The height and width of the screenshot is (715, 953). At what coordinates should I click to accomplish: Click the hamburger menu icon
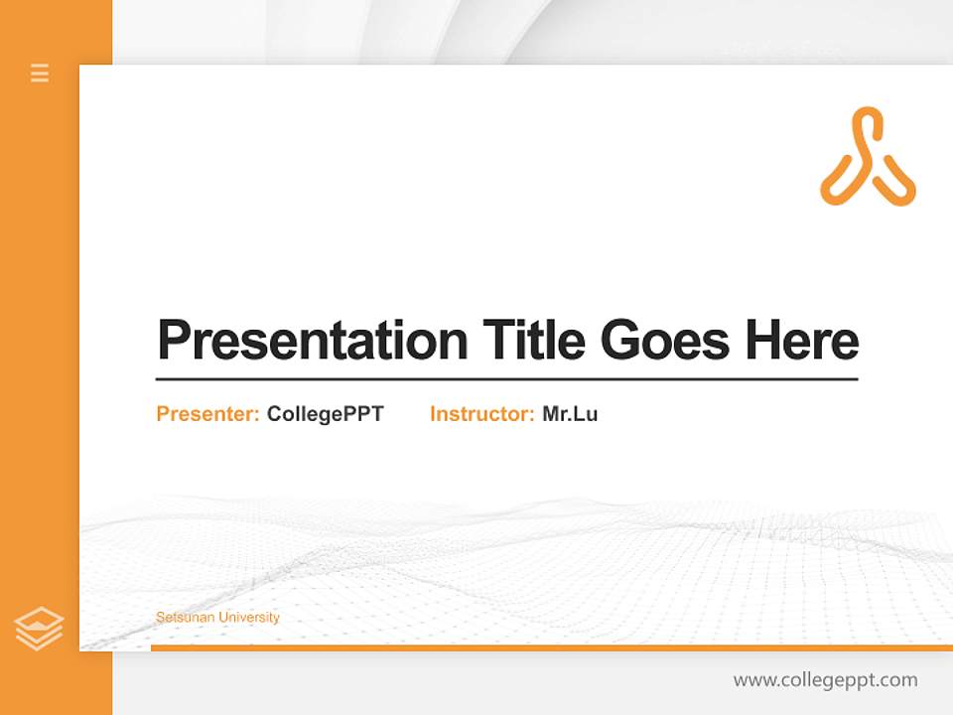click(40, 72)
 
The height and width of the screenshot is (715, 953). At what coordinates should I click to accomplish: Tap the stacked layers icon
click(39, 628)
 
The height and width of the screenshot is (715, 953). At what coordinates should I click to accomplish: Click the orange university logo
click(868, 157)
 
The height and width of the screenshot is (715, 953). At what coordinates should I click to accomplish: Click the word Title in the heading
click(534, 340)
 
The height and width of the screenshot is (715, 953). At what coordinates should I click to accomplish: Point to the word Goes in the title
click(665, 340)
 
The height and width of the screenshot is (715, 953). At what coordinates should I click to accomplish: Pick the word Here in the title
click(802, 340)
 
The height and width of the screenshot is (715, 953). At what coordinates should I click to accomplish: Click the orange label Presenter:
click(207, 414)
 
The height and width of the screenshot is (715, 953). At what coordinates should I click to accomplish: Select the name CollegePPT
click(326, 415)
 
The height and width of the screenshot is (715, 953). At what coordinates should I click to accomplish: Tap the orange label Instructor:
click(482, 414)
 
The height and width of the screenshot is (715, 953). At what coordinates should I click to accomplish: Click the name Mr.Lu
click(570, 414)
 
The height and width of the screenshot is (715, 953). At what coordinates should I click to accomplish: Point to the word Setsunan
click(186, 617)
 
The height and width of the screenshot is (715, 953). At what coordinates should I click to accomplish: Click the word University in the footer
click(249, 618)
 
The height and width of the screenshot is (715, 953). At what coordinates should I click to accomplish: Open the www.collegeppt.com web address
click(825, 680)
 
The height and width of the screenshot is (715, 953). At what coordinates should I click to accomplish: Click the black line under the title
click(507, 378)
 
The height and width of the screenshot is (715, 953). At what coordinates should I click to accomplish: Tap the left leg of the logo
click(840, 180)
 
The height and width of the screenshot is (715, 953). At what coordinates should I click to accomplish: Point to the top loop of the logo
click(867, 119)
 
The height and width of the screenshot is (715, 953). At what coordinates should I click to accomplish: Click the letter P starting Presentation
click(174, 341)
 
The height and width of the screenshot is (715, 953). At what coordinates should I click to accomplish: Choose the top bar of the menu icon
click(40, 66)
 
